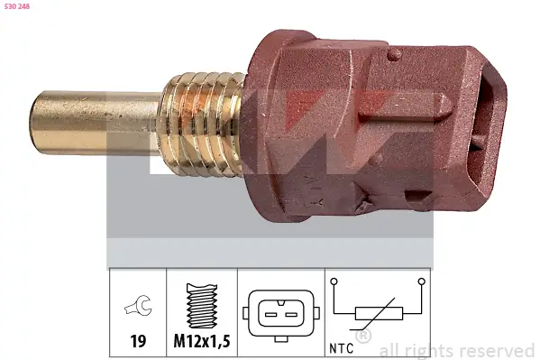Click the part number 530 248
tap(17, 6)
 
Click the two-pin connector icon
tap(279, 313)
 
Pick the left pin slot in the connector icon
tap(270, 314)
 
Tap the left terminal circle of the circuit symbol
tap(334, 282)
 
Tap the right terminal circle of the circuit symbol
tap(421, 282)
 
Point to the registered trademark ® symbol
tap(364, 337)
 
